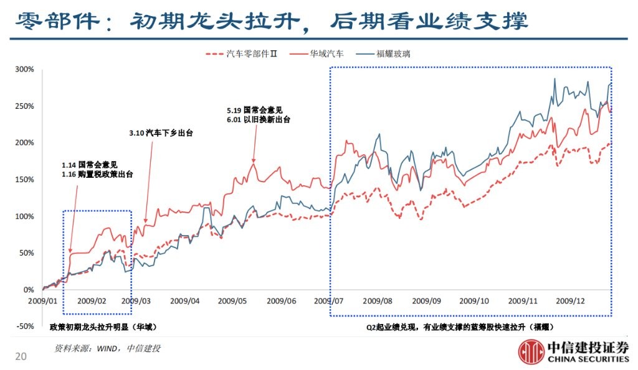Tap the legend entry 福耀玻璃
(393, 54)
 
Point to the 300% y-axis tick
(24, 69)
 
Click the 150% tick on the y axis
(24, 180)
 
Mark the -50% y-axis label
(24, 326)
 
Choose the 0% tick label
(29, 290)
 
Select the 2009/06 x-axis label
(282, 301)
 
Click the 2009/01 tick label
(43, 301)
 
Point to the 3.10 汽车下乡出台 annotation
(160, 132)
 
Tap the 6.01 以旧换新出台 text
(259, 119)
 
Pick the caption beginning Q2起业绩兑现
(460, 327)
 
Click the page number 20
(21, 356)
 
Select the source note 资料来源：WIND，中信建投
(107, 349)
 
